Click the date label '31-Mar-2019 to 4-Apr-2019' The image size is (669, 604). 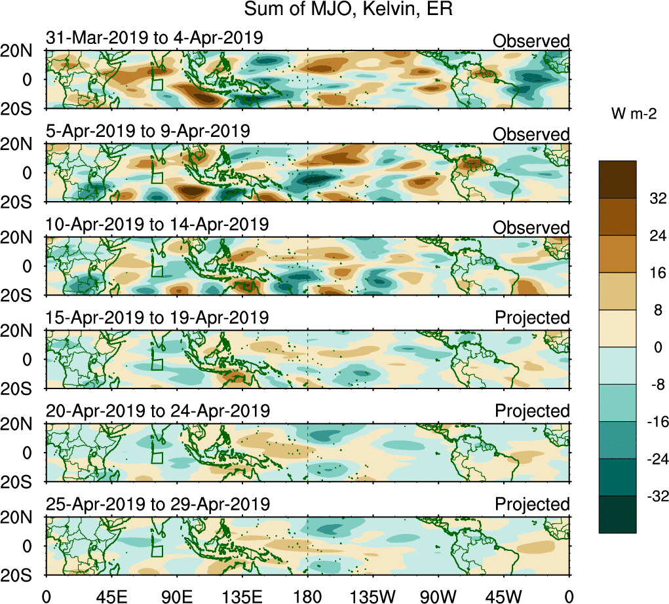pyautogui.click(x=154, y=38)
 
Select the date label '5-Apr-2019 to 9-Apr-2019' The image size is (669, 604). pyautogui.click(x=147, y=130)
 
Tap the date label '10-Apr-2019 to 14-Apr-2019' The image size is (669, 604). pyautogui.click(x=157, y=224)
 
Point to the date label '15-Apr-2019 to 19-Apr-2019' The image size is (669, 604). pyautogui.click(x=157, y=318)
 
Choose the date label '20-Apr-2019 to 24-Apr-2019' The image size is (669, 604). pyautogui.click(x=157, y=411)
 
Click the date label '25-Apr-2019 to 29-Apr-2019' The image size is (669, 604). pyautogui.click(x=157, y=504)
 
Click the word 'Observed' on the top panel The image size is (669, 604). pyautogui.click(x=531, y=41)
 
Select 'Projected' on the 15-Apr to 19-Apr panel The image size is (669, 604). pyautogui.click(x=532, y=318)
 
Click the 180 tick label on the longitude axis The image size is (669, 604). pyautogui.click(x=307, y=595)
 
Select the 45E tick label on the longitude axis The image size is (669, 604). pyautogui.click(x=110, y=595)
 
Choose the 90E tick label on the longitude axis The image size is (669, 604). pyautogui.click(x=176, y=595)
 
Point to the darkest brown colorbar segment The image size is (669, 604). pyautogui.click(x=617, y=179)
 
